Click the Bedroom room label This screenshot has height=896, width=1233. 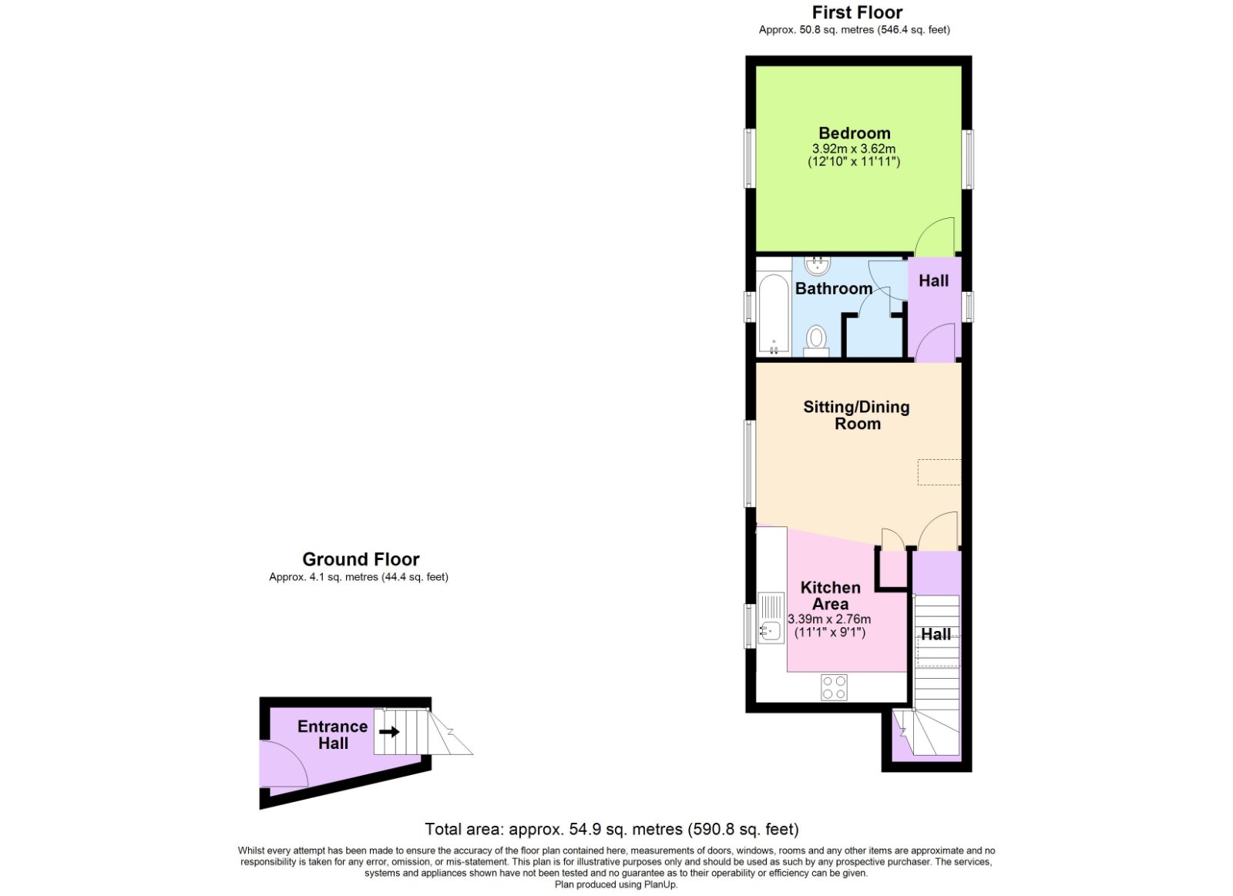(x=854, y=133)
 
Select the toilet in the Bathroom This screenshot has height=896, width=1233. (x=816, y=339)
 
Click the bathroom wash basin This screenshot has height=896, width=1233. (x=818, y=266)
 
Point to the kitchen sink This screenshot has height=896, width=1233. (x=771, y=618)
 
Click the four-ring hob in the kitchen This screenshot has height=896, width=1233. (x=834, y=687)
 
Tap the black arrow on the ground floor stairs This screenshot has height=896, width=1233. (x=390, y=732)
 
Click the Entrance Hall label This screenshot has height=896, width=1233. (x=333, y=735)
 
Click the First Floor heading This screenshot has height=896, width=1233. (x=857, y=12)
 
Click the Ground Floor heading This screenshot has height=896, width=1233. (x=361, y=559)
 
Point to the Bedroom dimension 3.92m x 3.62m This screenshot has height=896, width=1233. (x=854, y=149)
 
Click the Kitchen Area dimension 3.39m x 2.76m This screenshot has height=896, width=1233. (x=829, y=619)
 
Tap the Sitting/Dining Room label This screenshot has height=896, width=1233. (x=856, y=415)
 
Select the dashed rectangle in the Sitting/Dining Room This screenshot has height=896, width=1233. (x=939, y=471)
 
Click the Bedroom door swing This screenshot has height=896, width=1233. (x=935, y=237)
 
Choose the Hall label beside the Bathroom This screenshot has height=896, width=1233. (x=933, y=281)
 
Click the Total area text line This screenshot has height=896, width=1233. (x=612, y=830)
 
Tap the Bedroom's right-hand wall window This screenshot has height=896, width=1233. (x=969, y=159)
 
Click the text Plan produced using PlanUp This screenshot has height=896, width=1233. (x=616, y=884)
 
